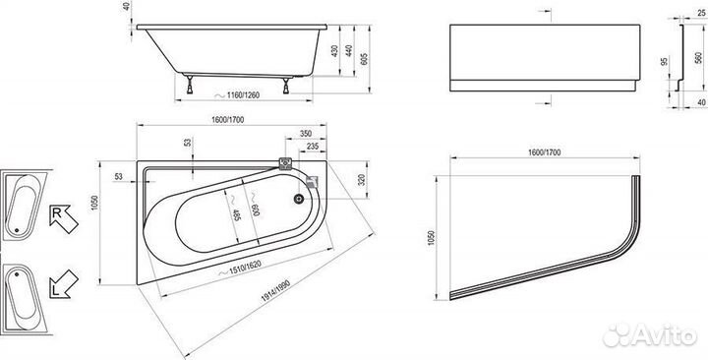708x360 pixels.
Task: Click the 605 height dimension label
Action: (364, 59)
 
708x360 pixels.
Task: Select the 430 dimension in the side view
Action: (334, 50)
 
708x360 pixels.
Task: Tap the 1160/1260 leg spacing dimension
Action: (243, 95)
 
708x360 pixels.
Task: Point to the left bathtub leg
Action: (190, 85)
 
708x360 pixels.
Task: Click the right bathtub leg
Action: (286, 86)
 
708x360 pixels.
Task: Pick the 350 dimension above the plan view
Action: (306, 134)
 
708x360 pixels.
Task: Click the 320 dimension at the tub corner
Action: (361, 180)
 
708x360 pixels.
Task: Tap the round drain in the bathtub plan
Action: (299, 198)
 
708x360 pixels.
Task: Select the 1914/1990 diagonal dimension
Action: (275, 291)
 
